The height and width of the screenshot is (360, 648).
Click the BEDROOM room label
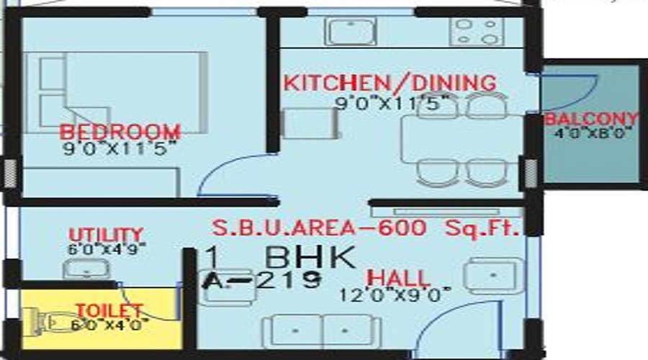pyautogui.click(x=120, y=132)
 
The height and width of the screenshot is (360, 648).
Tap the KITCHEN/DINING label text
pyautogui.click(x=389, y=82)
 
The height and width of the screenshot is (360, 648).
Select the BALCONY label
pyautogui.click(x=591, y=119)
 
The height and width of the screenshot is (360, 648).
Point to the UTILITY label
pyautogui.click(x=105, y=235)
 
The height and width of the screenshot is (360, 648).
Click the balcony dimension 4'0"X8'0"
pyautogui.click(x=591, y=133)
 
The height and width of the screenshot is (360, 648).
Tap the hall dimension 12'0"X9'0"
pyautogui.click(x=397, y=294)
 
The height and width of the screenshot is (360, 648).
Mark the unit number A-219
pyautogui.click(x=261, y=281)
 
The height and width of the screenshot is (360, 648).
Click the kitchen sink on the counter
pyautogui.click(x=348, y=31)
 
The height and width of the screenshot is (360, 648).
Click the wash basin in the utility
pyautogui.click(x=85, y=270)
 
